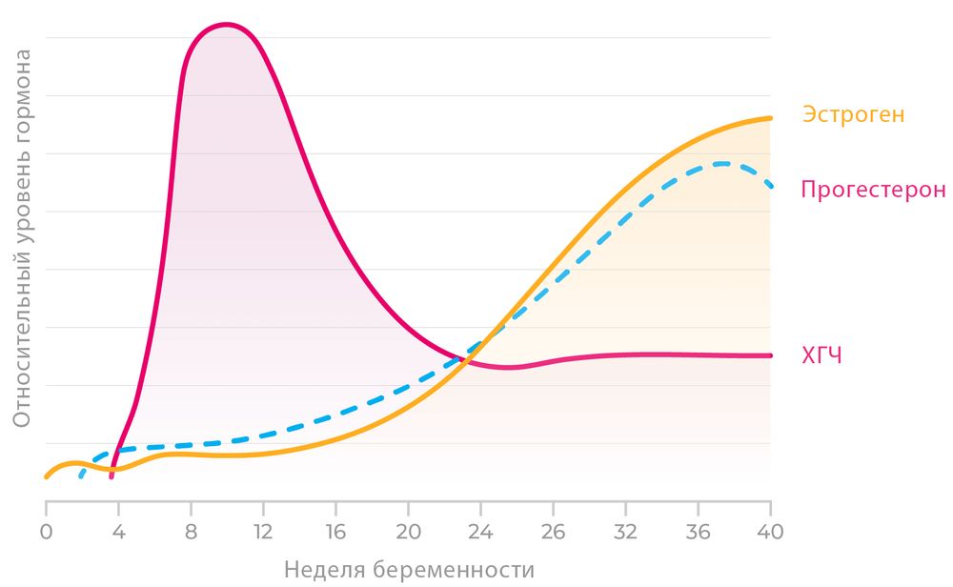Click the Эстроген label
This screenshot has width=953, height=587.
point(853,115)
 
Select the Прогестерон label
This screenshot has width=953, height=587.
point(873,189)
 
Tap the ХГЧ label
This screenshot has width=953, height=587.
point(822,356)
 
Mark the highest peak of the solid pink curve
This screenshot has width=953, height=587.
point(225,24)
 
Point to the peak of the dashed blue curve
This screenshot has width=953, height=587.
point(722,163)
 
